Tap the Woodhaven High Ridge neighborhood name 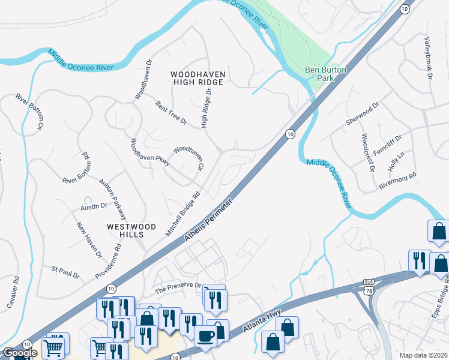tap(198, 78)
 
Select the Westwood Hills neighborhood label tap(131, 231)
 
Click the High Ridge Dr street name tap(207, 109)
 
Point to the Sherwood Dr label tap(363, 113)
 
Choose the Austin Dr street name tap(93, 206)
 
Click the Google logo tap(20, 352)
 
